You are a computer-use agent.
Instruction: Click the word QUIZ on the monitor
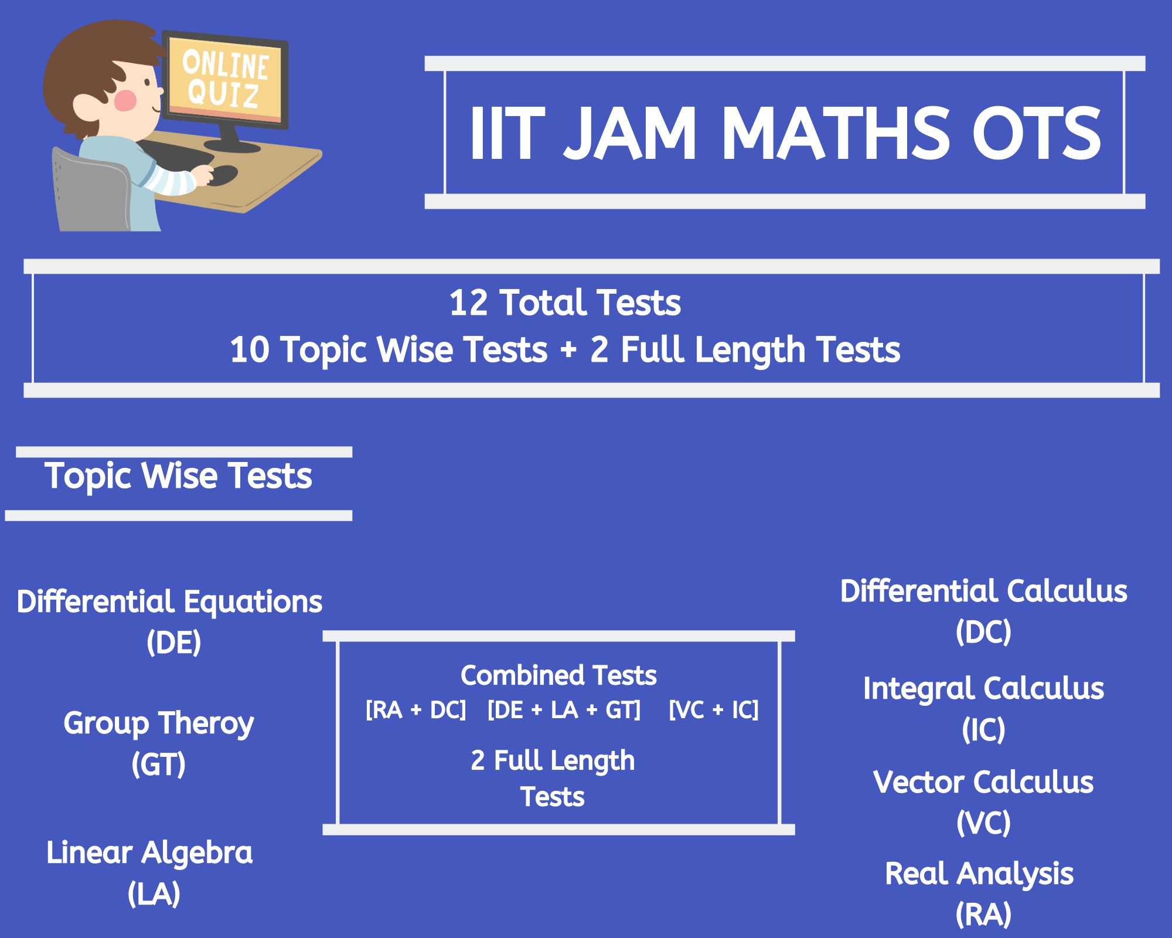[x=223, y=93]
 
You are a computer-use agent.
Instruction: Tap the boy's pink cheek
[x=125, y=100]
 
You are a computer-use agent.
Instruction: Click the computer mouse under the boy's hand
[x=222, y=175]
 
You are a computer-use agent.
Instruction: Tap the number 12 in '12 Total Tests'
[x=469, y=303]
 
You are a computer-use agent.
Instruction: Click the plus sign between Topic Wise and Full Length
[x=568, y=351]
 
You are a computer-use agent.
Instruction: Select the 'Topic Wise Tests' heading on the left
[x=178, y=476]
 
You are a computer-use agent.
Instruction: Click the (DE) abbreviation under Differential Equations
[x=174, y=643]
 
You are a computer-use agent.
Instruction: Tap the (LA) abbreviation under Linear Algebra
[x=154, y=894]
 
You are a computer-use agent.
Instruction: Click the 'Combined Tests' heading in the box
[x=558, y=675]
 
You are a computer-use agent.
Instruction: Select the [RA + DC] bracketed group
[x=416, y=710]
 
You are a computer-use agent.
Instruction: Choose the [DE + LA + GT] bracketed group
[x=564, y=710]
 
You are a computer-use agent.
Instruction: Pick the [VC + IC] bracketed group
[x=714, y=710]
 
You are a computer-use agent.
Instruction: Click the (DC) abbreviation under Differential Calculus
[x=984, y=632]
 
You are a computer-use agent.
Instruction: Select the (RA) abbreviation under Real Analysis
[x=984, y=915]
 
